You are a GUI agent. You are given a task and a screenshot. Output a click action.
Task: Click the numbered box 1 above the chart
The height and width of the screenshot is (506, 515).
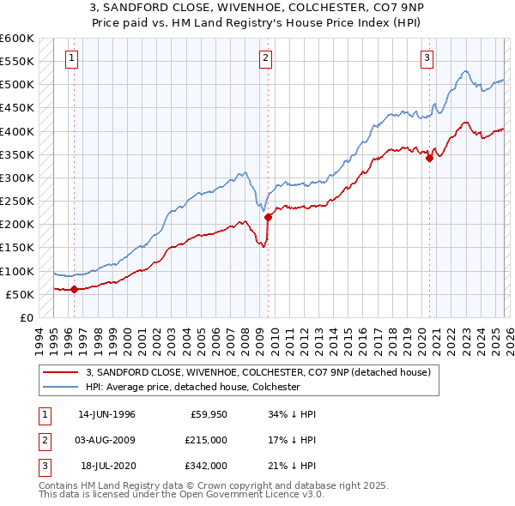point(73,58)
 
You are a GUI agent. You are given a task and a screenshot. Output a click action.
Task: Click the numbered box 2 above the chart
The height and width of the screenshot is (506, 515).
point(266,58)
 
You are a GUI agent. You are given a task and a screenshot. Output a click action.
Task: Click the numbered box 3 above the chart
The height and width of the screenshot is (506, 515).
point(427,58)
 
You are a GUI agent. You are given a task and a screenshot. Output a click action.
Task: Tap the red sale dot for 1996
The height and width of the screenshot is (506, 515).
point(74,289)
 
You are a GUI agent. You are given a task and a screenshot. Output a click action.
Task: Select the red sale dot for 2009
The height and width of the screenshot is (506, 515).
point(268,217)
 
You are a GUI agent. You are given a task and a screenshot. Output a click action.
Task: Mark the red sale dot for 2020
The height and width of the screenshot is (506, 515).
point(428,158)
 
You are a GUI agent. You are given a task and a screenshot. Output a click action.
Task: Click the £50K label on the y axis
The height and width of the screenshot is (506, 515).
point(20,294)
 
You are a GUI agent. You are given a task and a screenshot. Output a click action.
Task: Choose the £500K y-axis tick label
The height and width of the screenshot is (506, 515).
point(16,85)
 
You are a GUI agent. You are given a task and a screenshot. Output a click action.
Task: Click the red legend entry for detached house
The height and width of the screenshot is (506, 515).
point(263,371)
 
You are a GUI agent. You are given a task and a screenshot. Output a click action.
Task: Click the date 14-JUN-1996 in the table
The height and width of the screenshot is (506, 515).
point(106,414)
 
